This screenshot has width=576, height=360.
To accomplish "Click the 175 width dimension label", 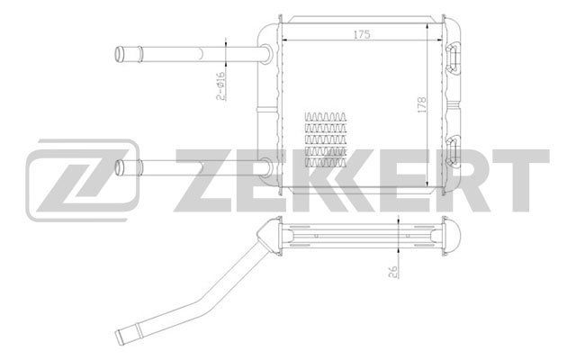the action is click(x=362, y=34).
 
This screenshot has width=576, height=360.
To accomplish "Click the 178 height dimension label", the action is click(x=421, y=104).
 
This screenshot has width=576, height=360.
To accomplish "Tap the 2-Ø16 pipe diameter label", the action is click(x=220, y=86).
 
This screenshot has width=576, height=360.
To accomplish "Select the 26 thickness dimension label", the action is click(x=393, y=272).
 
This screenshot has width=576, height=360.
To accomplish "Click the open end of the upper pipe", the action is click(x=119, y=54).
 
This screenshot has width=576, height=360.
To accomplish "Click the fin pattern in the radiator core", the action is click(x=326, y=139).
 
